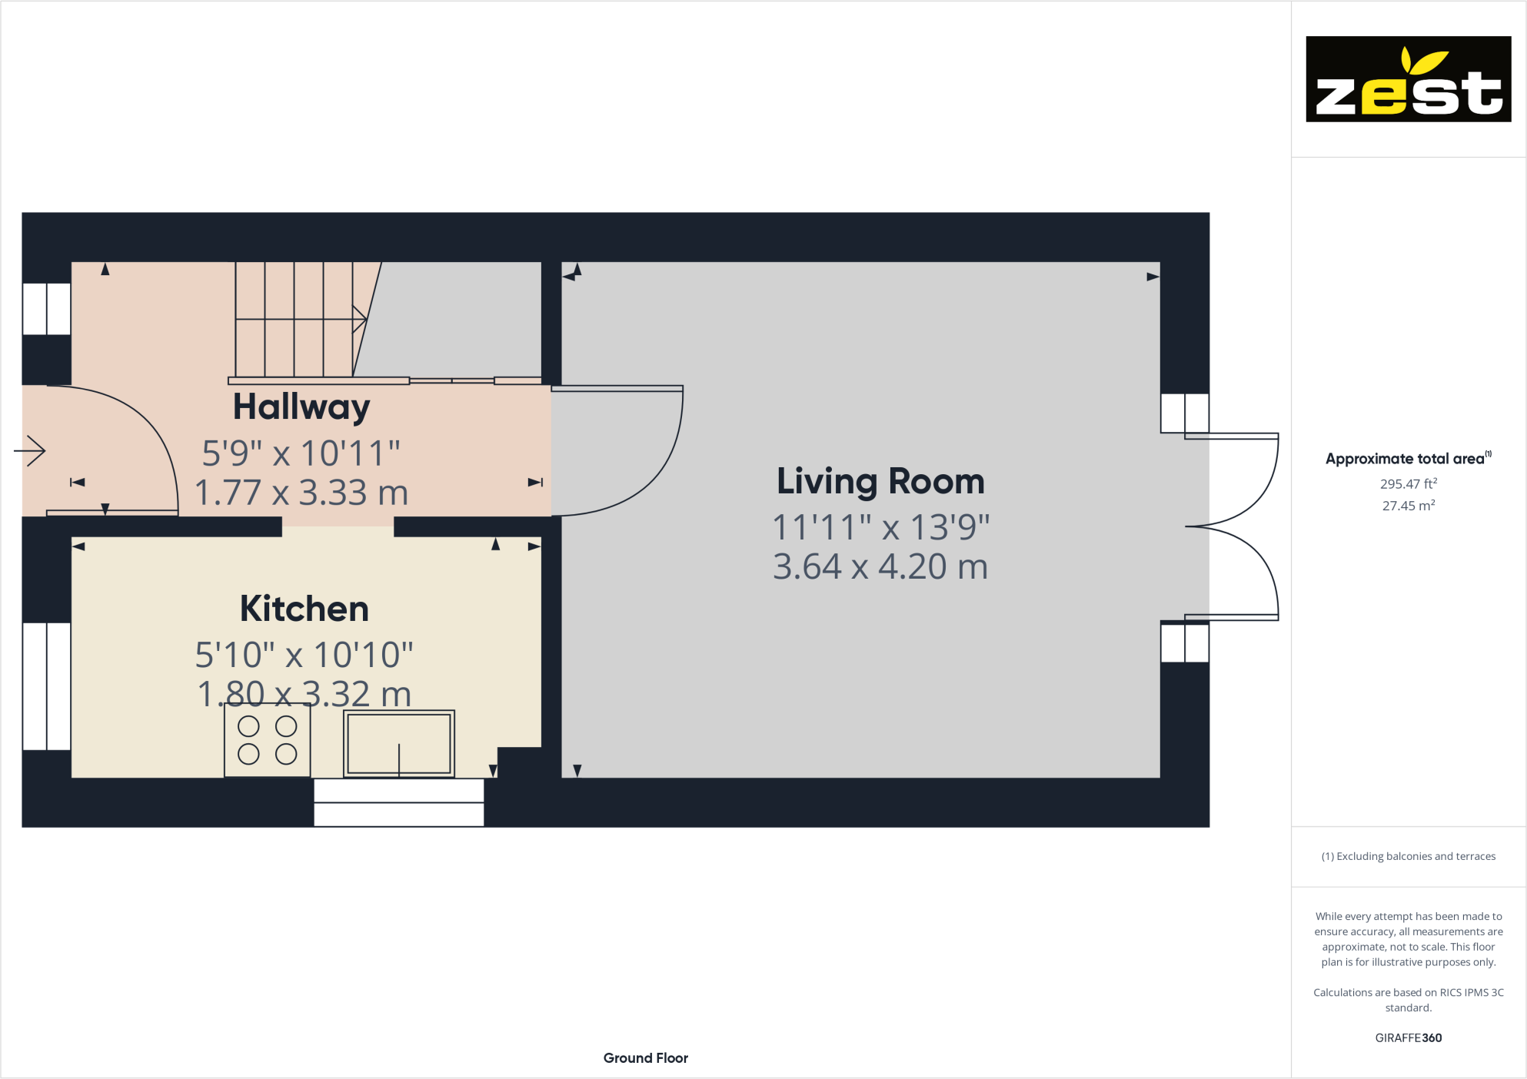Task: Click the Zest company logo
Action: [1408, 79]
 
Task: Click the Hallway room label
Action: [301, 407]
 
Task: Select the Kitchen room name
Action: [304, 609]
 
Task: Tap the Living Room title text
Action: [880, 481]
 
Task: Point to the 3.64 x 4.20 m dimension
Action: [880, 567]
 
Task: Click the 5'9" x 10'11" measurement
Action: [301, 453]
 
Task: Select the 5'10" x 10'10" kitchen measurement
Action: [304, 655]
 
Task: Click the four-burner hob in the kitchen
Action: [268, 740]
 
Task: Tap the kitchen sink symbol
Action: [398, 743]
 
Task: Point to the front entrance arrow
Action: [31, 451]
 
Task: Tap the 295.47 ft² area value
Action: [1408, 484]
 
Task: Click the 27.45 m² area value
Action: [1408, 506]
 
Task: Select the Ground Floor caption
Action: [645, 1058]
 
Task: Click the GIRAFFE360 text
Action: [1408, 1037]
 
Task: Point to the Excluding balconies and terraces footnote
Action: [1408, 856]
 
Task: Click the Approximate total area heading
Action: [1406, 459]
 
